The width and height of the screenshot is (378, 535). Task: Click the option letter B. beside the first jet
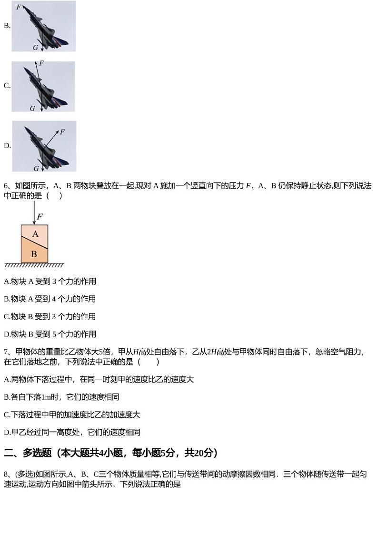[7, 26]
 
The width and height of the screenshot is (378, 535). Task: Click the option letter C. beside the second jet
[7, 86]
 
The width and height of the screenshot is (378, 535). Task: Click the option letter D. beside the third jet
[7, 146]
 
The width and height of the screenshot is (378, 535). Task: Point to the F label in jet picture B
[19, 7]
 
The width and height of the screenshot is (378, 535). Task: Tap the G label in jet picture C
[32, 109]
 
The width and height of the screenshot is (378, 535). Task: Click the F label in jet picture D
[62, 132]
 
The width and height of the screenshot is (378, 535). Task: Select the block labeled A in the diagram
[35, 234]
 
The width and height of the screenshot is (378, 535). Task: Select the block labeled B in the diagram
[34, 254]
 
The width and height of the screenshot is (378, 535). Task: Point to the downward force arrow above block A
[34, 212]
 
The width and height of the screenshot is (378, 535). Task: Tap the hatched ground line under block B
[34, 265]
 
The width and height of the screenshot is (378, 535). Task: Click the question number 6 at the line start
[6, 186]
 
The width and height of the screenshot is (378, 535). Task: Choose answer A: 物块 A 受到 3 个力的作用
[50, 282]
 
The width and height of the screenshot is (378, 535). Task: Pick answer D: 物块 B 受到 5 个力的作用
[50, 334]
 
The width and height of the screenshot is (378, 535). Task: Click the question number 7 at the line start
[6, 352]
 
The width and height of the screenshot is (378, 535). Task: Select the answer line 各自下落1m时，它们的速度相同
[61, 397]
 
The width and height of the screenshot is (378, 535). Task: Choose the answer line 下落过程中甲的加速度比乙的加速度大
[72, 415]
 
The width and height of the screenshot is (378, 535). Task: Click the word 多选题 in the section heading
[37, 453]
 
